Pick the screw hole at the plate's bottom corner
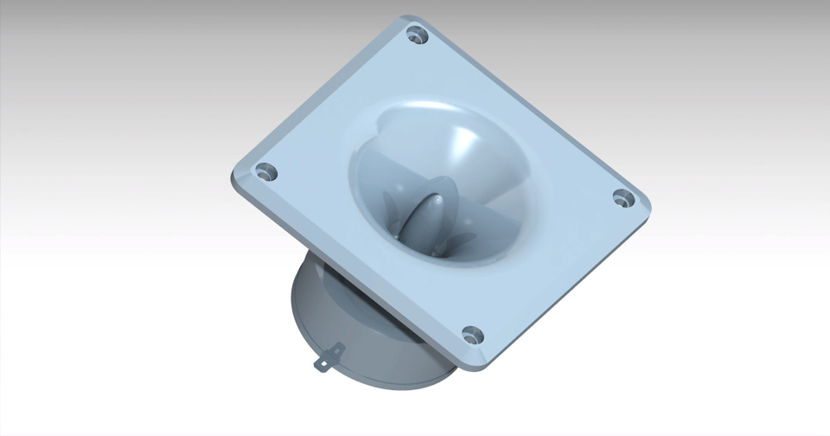pos(472,333)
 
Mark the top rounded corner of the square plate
pos(414,19)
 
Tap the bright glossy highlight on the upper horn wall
pos(463,138)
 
